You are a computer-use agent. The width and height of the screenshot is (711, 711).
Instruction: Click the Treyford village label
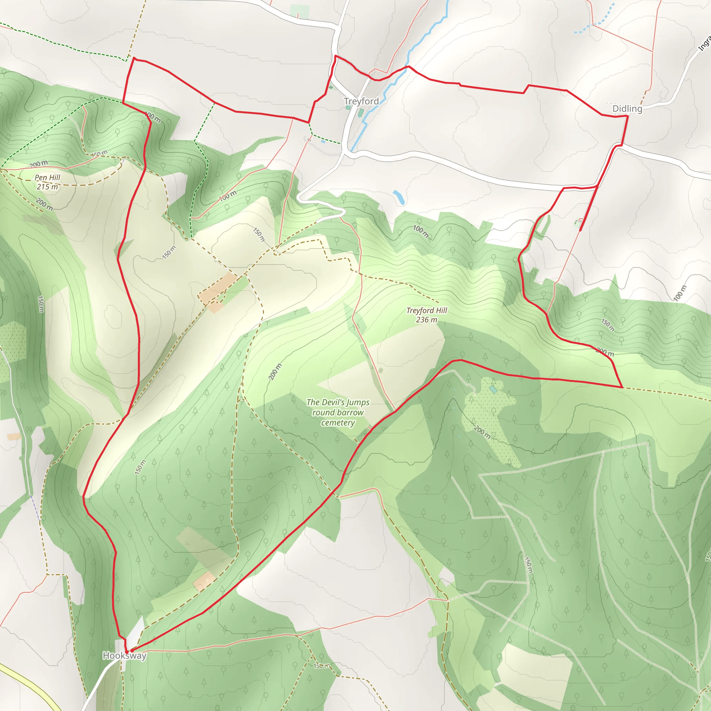click(361, 101)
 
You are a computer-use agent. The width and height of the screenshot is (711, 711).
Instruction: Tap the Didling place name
click(627, 109)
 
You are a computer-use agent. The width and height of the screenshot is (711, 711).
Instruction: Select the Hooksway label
click(124, 655)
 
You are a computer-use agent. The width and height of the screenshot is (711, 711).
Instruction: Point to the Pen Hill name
click(47, 177)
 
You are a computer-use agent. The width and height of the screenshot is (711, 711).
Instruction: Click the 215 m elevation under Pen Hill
click(47, 186)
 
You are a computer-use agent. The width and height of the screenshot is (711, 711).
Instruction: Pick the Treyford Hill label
click(427, 310)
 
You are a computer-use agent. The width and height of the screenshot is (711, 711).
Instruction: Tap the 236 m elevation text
click(427, 320)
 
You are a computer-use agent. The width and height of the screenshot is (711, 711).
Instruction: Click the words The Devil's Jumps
click(338, 402)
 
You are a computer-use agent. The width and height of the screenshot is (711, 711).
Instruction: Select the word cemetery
click(338, 423)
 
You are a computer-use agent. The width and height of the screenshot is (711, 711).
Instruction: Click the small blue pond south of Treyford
click(399, 197)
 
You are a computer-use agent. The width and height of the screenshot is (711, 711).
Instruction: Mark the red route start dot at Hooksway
click(127, 652)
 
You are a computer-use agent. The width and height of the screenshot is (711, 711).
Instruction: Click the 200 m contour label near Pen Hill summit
click(38, 164)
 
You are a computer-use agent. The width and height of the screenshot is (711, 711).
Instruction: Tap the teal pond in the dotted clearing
click(493, 390)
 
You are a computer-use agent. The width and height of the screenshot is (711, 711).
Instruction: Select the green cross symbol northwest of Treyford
click(331, 87)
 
